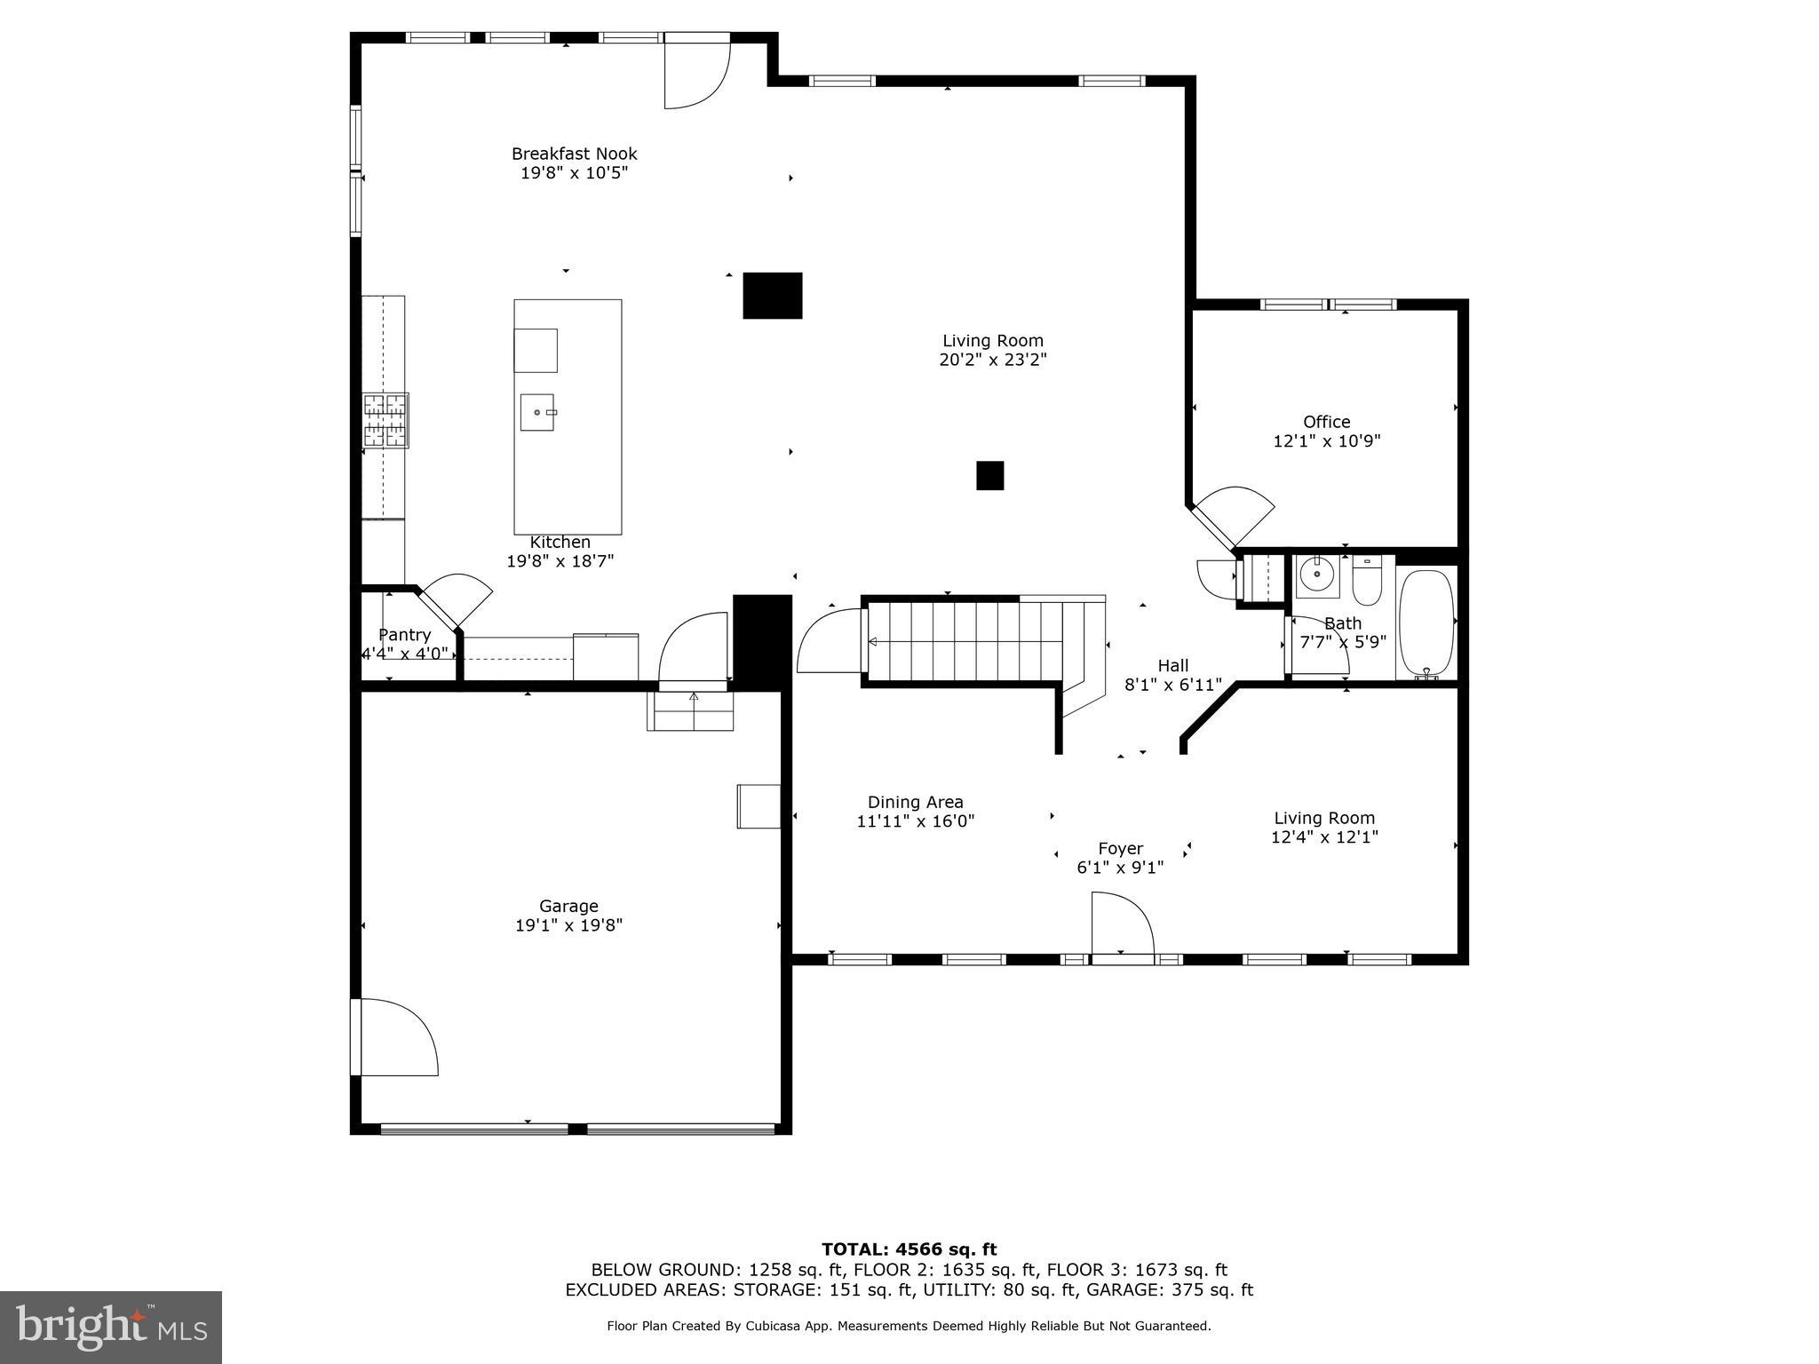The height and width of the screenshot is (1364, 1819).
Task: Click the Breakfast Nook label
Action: click(574, 154)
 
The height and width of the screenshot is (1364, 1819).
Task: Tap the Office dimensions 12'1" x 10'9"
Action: click(1327, 441)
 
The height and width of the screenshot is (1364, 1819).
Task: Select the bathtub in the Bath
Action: click(1426, 624)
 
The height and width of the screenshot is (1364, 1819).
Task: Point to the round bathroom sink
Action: click(1316, 575)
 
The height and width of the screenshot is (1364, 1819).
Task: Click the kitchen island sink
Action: click(536, 412)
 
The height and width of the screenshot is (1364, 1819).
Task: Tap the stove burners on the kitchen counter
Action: click(385, 420)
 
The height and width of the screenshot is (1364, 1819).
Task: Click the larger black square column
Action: click(773, 295)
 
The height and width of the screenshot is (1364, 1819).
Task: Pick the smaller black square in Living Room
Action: click(989, 475)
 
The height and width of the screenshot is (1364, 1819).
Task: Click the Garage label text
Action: click(568, 906)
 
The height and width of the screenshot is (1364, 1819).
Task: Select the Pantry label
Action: click(404, 635)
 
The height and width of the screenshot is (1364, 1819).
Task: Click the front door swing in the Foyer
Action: click(1123, 924)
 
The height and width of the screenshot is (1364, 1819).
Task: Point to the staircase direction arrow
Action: click(873, 641)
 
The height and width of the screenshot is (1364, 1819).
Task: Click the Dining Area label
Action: click(915, 802)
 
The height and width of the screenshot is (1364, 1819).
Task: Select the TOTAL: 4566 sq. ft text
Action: click(909, 1250)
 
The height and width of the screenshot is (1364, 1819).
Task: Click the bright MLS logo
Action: click(110, 1328)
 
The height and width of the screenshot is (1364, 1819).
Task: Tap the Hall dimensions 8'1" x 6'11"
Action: click(1172, 685)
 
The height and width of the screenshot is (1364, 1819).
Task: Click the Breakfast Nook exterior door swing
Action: click(696, 73)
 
